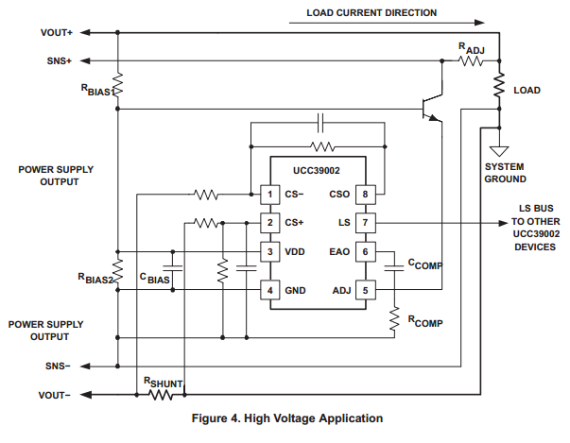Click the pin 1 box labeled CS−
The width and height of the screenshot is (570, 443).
point(270,195)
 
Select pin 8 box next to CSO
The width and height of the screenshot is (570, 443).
point(365,195)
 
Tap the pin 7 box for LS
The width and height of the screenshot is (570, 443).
point(365,223)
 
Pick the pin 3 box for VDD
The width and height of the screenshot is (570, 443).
point(270,252)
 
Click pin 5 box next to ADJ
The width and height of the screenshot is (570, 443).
point(365,290)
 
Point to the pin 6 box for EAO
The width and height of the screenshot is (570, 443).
point(365,252)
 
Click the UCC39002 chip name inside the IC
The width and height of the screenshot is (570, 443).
point(317,171)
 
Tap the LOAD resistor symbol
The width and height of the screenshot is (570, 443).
point(497,88)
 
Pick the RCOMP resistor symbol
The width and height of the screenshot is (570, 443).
point(394,322)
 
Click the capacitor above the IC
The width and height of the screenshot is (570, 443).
point(321,123)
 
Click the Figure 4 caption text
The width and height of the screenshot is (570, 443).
point(287,417)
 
